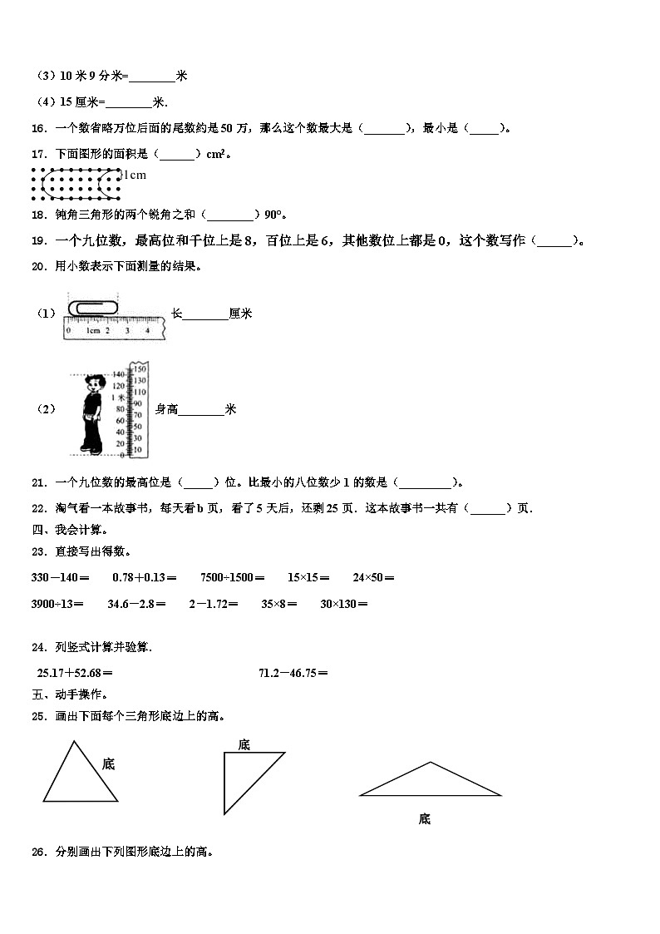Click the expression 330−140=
(x=59, y=577)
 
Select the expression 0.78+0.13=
(x=143, y=577)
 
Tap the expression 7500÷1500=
(x=233, y=577)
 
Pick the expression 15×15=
(x=308, y=577)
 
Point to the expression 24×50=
(x=373, y=577)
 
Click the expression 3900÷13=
(x=57, y=603)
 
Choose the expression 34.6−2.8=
(x=136, y=603)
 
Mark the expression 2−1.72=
(x=214, y=603)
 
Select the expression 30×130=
(x=344, y=603)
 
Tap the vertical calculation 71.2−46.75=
(x=293, y=673)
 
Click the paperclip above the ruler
(x=95, y=308)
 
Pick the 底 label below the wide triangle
(x=424, y=819)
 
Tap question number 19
(x=37, y=241)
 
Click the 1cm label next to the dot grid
(x=135, y=175)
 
